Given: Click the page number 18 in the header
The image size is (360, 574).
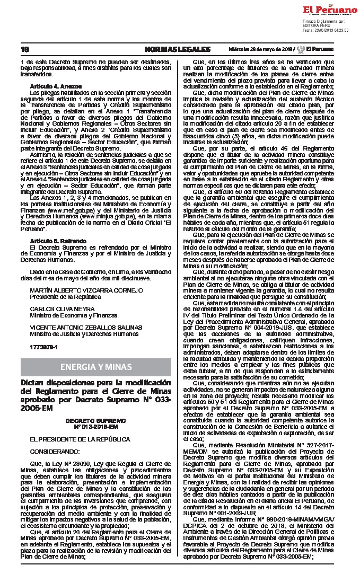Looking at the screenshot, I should click(x=24, y=49).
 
